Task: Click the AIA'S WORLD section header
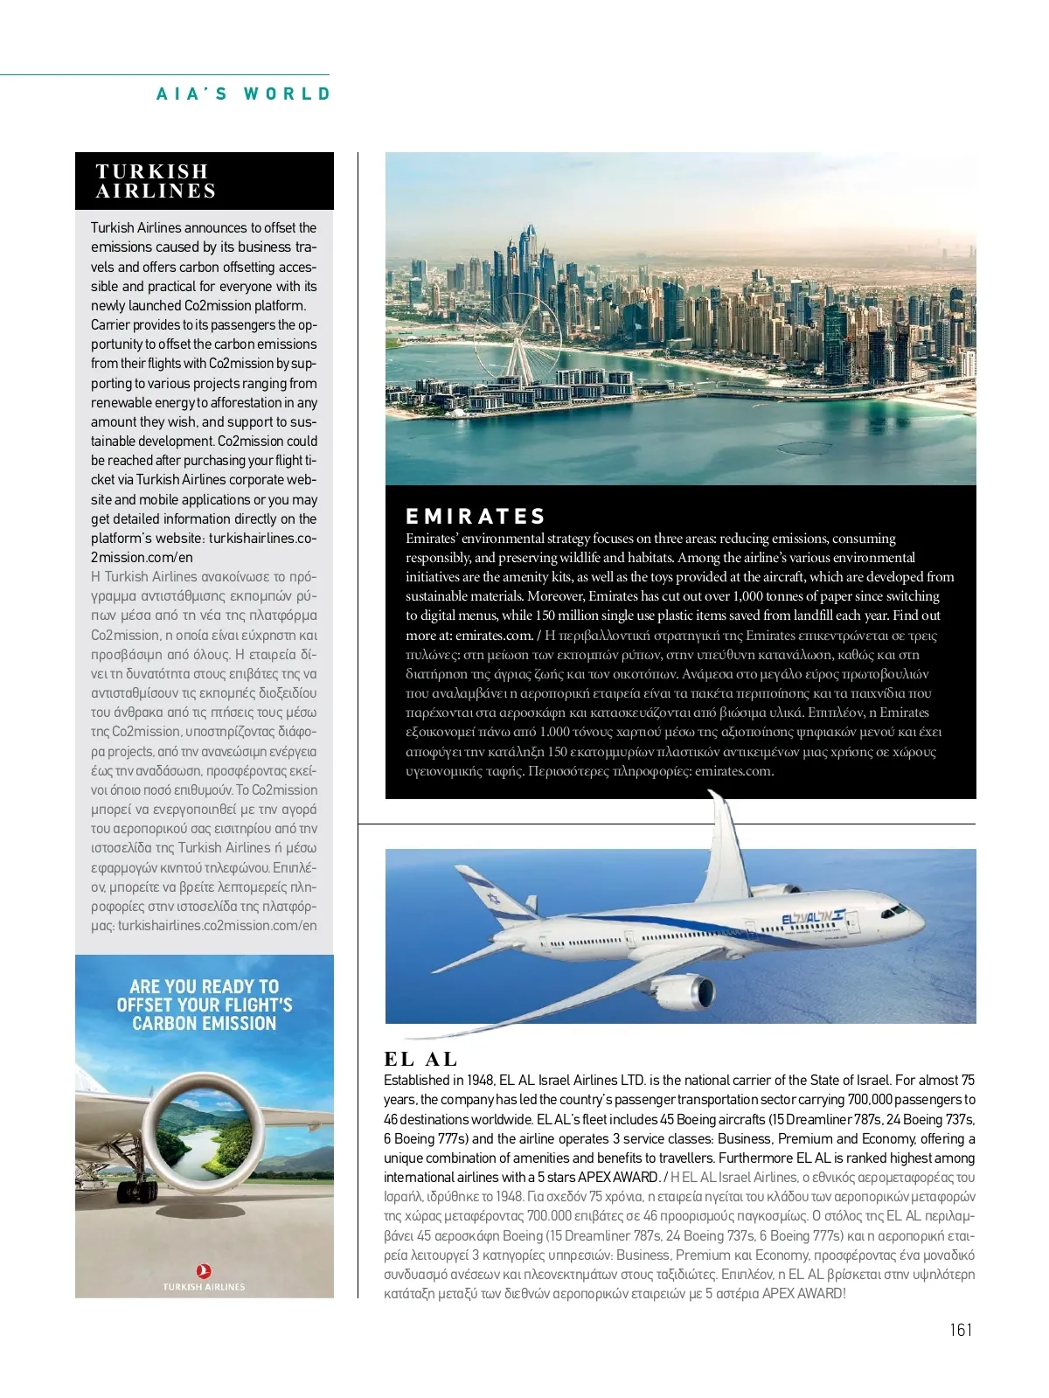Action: (244, 94)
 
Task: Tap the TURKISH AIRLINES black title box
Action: (204, 181)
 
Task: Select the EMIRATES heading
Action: (476, 516)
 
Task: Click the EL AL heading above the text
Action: (420, 1059)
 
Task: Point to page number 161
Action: (960, 1330)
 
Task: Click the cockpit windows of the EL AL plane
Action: (897, 909)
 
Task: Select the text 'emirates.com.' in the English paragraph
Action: (494, 636)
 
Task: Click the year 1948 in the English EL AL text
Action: (477, 1081)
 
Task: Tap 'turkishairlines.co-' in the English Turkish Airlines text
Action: (262, 539)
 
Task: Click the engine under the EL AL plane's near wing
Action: (691, 993)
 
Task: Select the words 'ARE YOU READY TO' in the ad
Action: (204, 986)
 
